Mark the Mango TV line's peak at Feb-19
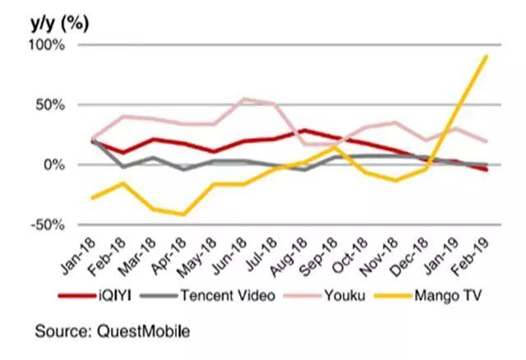[488, 56]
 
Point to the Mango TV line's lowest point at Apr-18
[183, 215]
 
